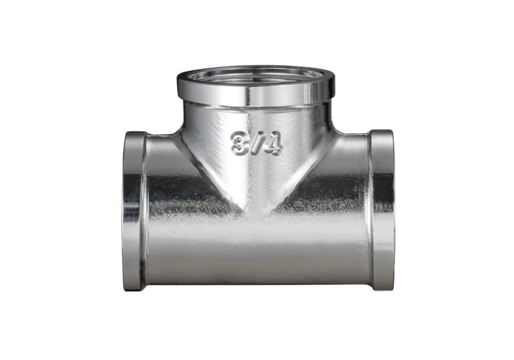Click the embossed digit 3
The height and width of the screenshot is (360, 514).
pos(240,143)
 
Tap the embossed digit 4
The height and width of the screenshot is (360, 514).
pos(274,144)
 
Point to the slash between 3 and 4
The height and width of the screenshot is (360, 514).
pos(256,144)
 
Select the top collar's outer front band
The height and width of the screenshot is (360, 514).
pos(255,94)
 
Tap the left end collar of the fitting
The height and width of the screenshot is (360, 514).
pos(134,210)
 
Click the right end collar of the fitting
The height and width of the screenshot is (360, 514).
pos(383,210)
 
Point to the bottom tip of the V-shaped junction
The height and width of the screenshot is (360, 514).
pos(256,216)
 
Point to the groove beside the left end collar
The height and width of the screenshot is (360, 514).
pos(146,210)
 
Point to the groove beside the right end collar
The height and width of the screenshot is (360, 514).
pos(370,210)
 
